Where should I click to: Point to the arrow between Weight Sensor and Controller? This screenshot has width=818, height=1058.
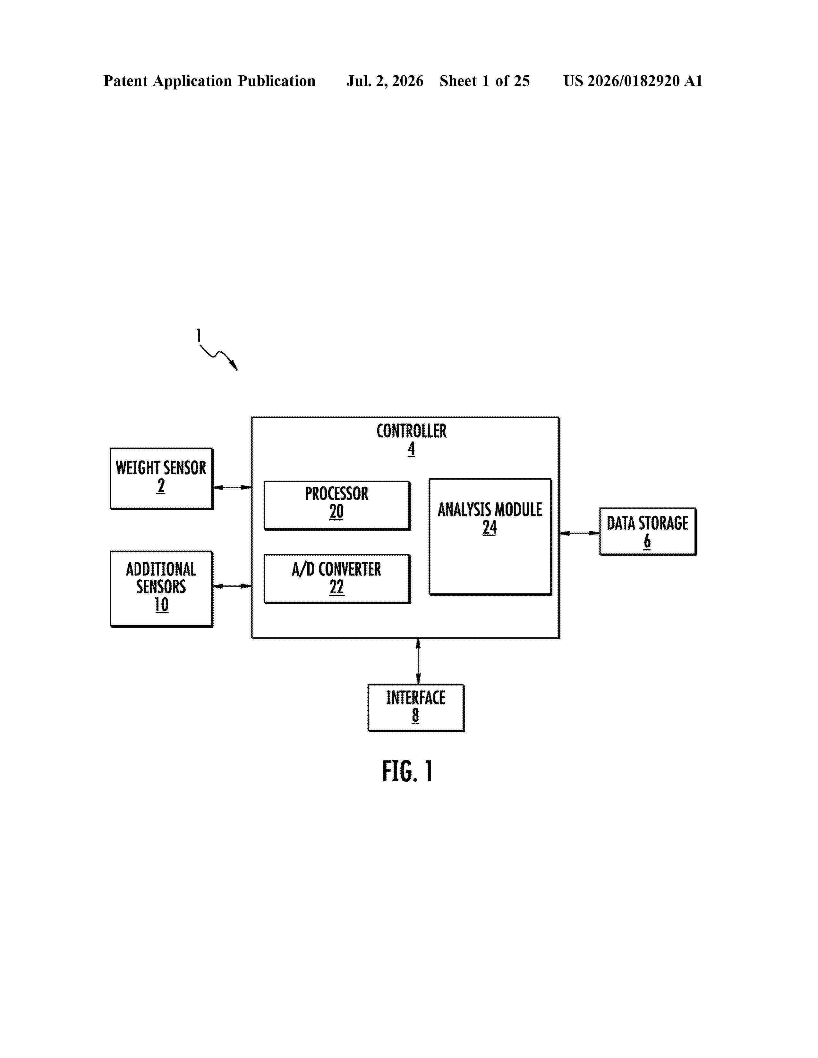233,487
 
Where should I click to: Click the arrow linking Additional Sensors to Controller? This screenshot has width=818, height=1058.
233,586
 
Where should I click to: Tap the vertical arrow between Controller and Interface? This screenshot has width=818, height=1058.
418,661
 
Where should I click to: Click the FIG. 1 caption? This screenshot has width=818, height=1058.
407,771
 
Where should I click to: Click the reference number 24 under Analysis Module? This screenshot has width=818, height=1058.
490,527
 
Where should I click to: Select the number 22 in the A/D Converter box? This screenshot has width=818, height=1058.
337,587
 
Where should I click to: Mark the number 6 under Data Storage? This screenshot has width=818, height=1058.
647,542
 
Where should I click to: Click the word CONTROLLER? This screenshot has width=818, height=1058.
412,431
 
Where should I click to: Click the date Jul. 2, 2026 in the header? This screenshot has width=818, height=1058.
385,81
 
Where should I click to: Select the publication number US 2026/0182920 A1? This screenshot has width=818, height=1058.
633,81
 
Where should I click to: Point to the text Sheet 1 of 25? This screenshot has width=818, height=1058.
485,81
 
